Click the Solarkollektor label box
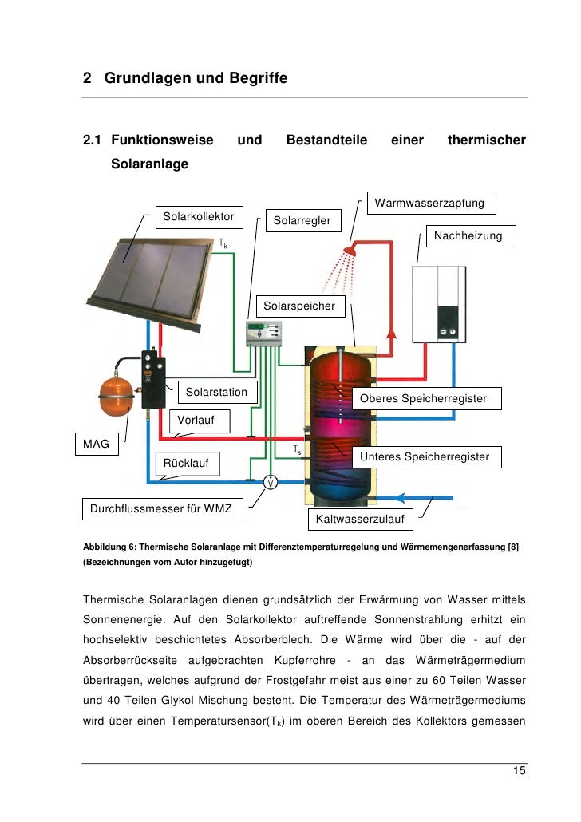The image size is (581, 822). click(x=199, y=217)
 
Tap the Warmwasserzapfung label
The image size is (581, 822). click(x=429, y=204)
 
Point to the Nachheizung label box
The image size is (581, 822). click(x=468, y=236)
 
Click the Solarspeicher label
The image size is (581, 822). click(x=298, y=306)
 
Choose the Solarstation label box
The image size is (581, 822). click(x=217, y=393)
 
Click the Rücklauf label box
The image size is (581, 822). click(x=187, y=463)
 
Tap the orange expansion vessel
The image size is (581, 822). click(x=118, y=393)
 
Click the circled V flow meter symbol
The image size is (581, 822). click(x=271, y=482)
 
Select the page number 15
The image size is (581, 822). click(x=520, y=771)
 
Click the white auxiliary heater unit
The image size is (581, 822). click(x=438, y=304)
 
